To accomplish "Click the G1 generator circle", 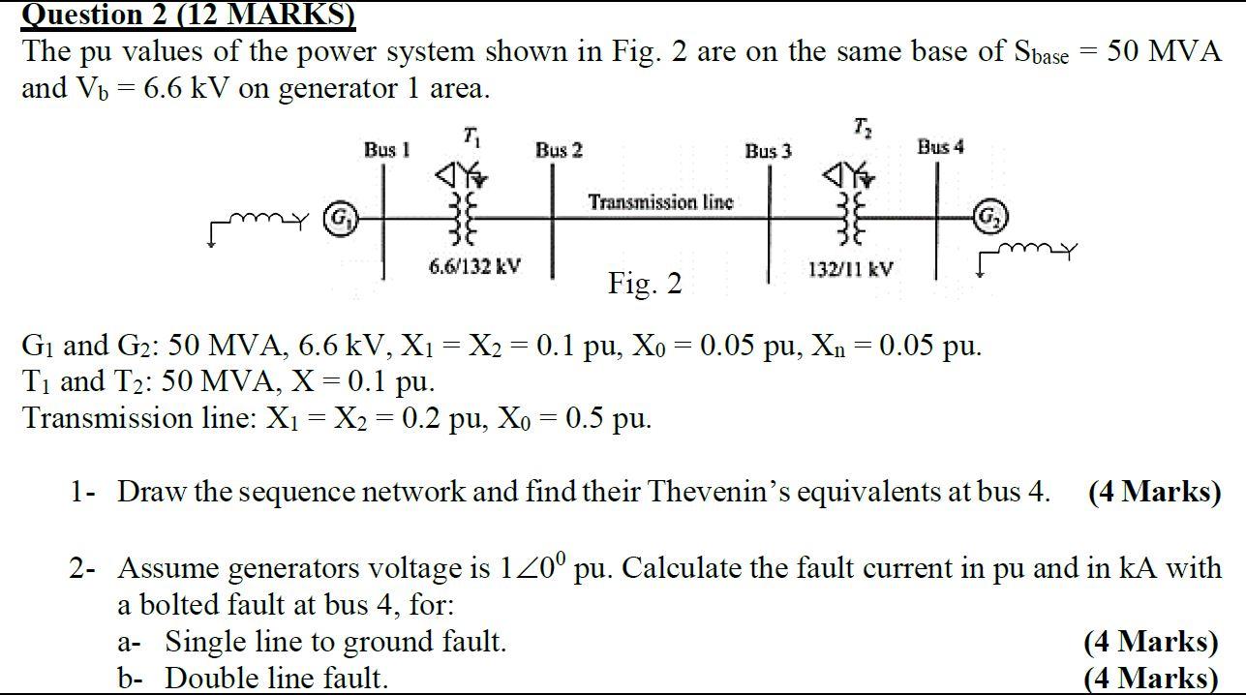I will pyautogui.click(x=338, y=217).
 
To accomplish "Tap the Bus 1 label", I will pyautogui.click(x=386, y=150).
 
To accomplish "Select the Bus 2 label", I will pyautogui.click(x=559, y=150).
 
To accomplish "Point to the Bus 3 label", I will pyautogui.click(x=768, y=151).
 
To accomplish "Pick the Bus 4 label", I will pyautogui.click(x=940, y=147).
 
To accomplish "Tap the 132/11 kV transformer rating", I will pyautogui.click(x=849, y=269).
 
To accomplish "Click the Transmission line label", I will pyautogui.click(x=660, y=202).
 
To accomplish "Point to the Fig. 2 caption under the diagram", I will pyautogui.click(x=645, y=284).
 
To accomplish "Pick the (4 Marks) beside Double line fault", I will pyautogui.click(x=1151, y=678).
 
